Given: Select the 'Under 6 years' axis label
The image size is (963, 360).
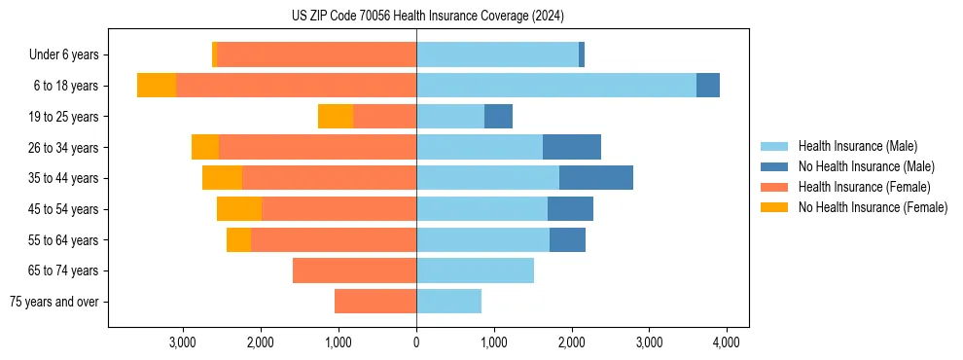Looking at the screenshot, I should tap(68, 55).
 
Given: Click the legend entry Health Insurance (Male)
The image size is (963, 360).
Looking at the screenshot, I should tap(857, 146).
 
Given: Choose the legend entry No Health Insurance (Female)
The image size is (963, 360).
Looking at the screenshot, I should tap(873, 207).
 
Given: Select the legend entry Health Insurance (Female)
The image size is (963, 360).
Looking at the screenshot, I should tap(864, 187).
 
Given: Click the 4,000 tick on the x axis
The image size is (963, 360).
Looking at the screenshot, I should tap(727, 342).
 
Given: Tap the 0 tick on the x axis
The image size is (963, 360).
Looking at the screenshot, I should tap(416, 342).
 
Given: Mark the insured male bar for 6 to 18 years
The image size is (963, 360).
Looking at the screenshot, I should tap(555, 86).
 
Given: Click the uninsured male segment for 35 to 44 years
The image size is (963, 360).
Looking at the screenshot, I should tap(596, 178).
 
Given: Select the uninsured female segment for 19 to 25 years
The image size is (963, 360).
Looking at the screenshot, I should tap(336, 117).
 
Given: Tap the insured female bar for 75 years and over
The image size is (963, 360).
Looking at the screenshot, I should tap(375, 302).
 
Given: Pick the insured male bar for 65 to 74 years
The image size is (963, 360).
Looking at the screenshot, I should tap(475, 270).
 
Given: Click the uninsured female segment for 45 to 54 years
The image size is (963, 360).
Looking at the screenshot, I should tap(239, 209).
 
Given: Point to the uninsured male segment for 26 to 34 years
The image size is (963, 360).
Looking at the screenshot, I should tap(572, 147).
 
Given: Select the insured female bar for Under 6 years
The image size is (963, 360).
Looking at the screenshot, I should tap(316, 55).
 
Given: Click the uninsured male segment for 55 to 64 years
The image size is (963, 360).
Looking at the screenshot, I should tap(567, 239).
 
